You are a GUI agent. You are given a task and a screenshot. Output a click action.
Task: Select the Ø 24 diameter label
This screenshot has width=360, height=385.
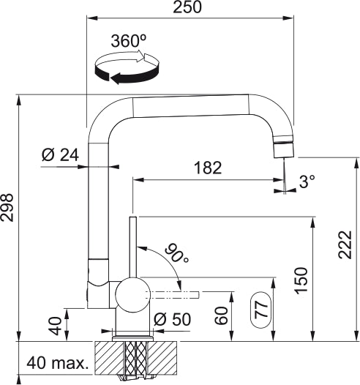pos(60,154)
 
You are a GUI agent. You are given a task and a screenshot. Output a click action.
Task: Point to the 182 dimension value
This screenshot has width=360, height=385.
pos(207,168)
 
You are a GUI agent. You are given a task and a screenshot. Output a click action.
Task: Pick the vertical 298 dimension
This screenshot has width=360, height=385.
pos(8,218)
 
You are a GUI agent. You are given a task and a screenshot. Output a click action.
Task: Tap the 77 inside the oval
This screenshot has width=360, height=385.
pos(261,308)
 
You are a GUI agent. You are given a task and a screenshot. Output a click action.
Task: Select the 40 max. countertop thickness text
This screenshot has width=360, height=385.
pos(57,363)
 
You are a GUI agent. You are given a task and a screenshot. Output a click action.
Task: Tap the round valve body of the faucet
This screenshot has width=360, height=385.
pos(132,294)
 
